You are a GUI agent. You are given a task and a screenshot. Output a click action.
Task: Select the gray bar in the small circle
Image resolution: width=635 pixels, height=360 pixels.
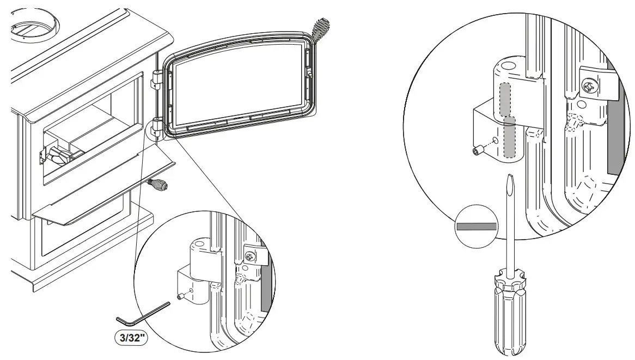point(477,226)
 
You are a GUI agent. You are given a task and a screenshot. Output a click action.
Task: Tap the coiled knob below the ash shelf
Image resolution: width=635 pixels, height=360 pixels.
point(158,185)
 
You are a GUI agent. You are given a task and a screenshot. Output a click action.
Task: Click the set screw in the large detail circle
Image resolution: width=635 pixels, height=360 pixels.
point(479,151)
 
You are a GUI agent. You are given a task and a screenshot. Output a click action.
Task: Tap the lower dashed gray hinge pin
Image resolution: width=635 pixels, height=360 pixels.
point(509,137)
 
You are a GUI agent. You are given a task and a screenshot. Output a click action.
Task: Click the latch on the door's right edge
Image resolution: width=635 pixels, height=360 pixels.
point(310,74)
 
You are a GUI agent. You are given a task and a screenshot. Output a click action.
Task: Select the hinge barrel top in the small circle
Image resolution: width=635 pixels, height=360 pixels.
point(199,245)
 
